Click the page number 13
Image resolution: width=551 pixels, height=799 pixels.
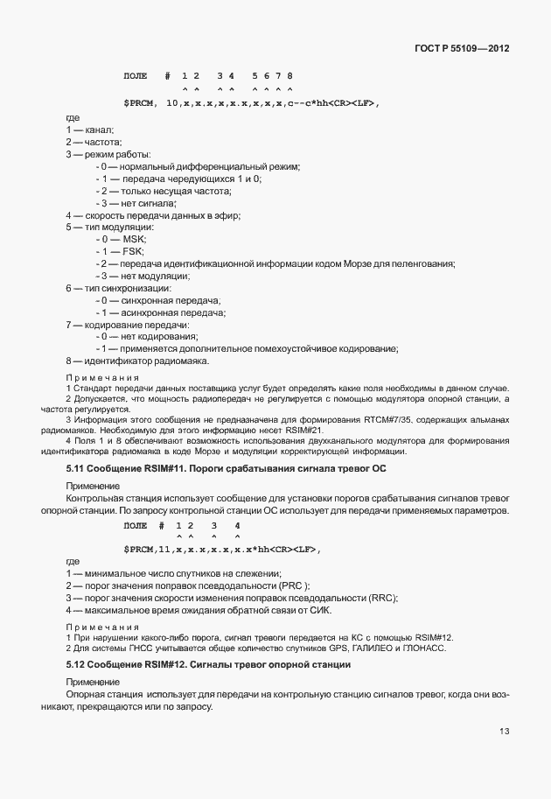(505, 730)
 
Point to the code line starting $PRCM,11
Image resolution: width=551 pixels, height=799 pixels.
(223, 549)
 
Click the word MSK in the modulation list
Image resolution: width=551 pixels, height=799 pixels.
(135, 240)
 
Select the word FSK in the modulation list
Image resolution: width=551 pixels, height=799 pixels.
(134, 252)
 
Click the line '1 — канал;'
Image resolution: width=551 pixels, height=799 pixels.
(89, 130)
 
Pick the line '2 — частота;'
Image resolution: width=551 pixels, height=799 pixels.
(94, 142)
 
